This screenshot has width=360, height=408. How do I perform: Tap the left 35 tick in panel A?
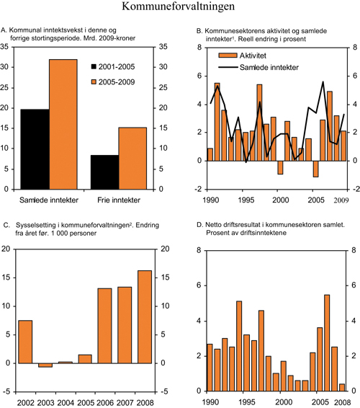(x=7, y=46)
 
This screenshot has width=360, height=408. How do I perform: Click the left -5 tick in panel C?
(x=8, y=391)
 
